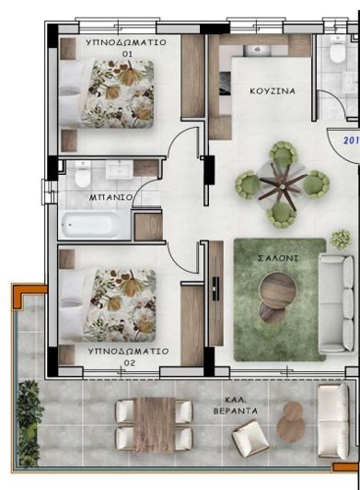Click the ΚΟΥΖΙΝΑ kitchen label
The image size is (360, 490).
pos(273,91)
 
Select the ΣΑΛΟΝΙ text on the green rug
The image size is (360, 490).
pos(277,259)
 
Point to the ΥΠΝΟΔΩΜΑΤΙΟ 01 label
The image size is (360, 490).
pos(127,48)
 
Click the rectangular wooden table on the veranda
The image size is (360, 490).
pos(153,424)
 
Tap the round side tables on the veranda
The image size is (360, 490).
pos(294,425)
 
